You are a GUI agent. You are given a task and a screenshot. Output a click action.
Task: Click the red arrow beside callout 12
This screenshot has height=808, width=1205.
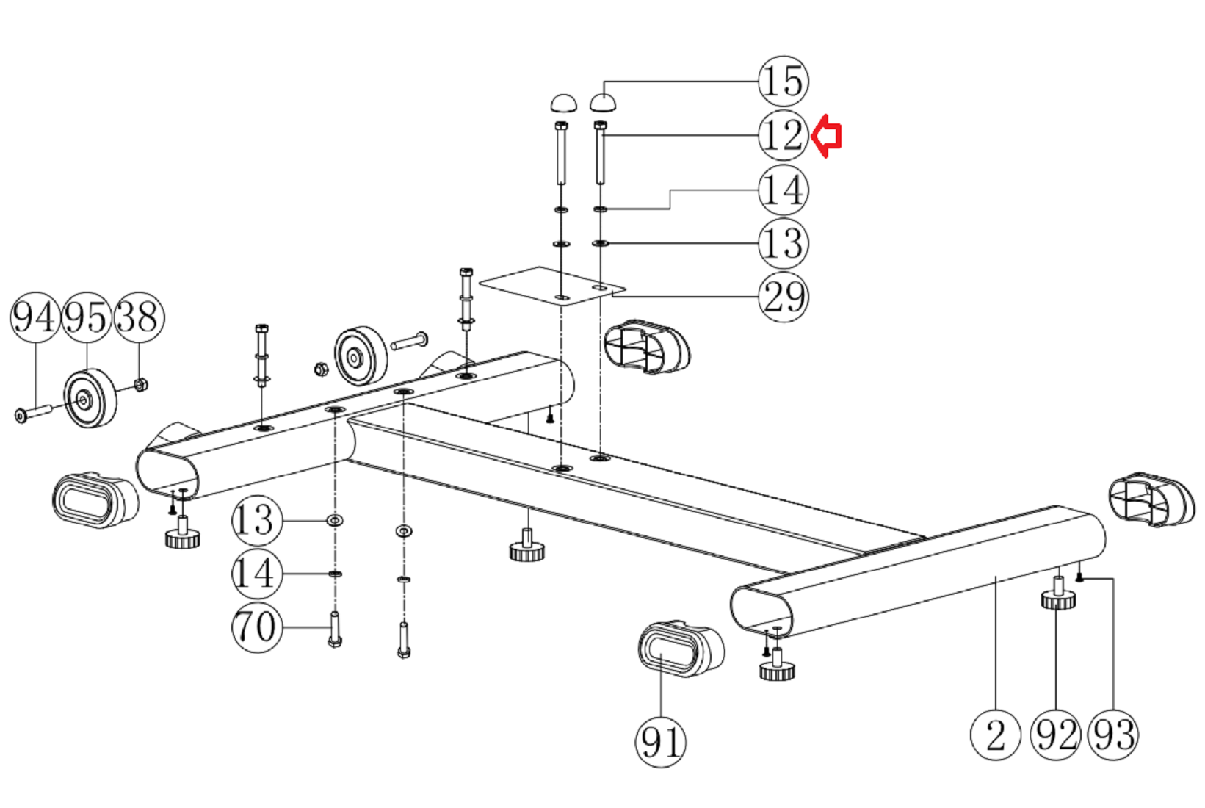[x=826, y=136]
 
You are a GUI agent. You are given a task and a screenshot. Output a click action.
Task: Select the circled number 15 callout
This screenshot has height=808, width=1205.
[x=784, y=82]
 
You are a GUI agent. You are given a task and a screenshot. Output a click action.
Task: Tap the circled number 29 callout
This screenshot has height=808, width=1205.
[x=784, y=297]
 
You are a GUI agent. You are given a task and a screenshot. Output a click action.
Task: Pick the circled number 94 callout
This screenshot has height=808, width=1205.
[x=35, y=317]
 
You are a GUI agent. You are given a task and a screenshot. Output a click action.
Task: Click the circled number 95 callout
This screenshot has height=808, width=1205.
[x=87, y=317]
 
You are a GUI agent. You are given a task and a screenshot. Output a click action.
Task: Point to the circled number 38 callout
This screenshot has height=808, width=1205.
[x=139, y=317]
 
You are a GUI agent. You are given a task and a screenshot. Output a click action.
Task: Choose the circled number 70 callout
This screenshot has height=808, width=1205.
[x=256, y=627]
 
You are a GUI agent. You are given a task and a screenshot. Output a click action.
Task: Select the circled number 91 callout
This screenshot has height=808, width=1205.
[x=661, y=742]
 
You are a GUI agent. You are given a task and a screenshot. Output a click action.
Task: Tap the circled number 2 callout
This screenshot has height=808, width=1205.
[x=995, y=735]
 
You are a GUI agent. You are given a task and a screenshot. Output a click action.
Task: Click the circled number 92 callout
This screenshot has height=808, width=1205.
[x=1055, y=735]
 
